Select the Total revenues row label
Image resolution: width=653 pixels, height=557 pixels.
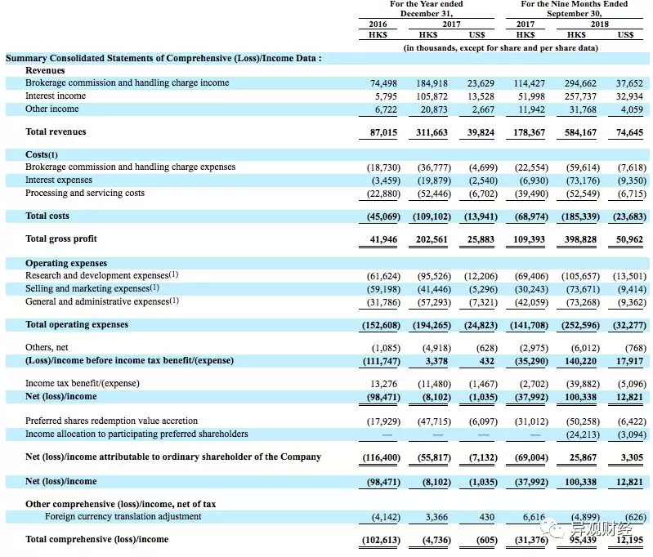56,131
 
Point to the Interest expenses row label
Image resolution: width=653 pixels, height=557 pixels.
59,180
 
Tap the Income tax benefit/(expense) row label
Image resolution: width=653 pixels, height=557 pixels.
83,383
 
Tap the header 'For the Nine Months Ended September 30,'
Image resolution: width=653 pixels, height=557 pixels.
575,9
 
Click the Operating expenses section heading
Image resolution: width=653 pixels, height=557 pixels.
66,263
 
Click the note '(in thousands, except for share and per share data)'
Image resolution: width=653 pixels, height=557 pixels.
501,48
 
